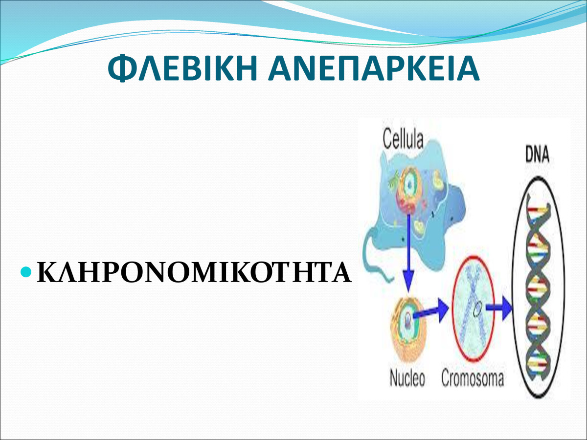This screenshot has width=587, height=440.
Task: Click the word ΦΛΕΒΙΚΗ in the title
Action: coord(182,68)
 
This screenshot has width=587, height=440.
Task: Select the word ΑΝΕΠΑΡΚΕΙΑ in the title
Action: coord(374,68)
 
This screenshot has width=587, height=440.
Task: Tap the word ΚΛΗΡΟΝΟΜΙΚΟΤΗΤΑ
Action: coord(194,272)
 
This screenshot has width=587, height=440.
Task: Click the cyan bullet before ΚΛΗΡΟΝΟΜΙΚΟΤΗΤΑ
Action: coord(26,272)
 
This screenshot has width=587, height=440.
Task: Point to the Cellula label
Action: coord(403,139)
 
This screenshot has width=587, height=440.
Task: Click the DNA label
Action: coord(537,154)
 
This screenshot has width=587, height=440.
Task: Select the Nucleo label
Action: coord(407,378)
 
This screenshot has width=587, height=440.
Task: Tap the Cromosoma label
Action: coord(473,378)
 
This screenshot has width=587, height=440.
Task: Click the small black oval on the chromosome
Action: coord(477,309)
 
